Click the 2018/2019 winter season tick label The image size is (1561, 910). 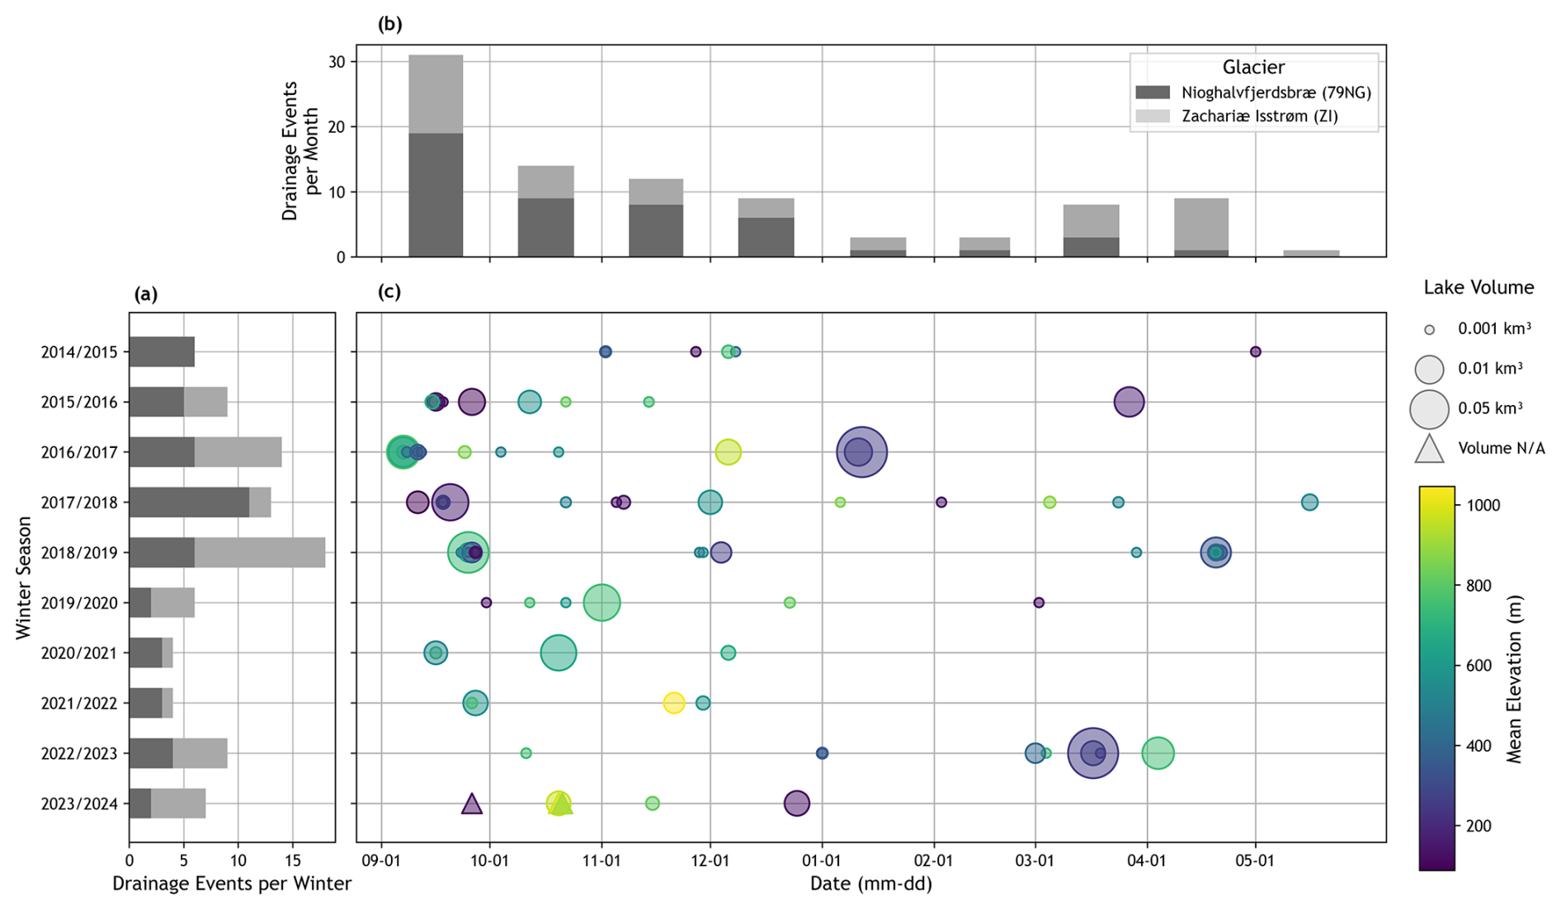tap(79, 553)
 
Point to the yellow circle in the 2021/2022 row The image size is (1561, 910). tap(674, 703)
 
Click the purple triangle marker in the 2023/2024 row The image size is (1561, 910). tap(471, 804)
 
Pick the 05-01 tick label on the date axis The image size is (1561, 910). tap(1255, 861)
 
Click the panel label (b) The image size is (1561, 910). tap(389, 24)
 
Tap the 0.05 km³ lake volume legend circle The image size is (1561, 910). tap(1429, 409)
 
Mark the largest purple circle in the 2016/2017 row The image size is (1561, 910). tap(861, 452)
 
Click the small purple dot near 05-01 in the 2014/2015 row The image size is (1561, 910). tap(1256, 351)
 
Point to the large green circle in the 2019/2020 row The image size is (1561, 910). tap(601, 602)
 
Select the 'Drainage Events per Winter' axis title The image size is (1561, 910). tap(232, 884)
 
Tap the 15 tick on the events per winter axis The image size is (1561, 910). tap(293, 861)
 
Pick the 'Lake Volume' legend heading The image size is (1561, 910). tap(1478, 287)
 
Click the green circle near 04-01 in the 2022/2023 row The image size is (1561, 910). tap(1158, 752)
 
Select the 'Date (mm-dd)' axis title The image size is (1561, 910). tap(870, 884)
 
